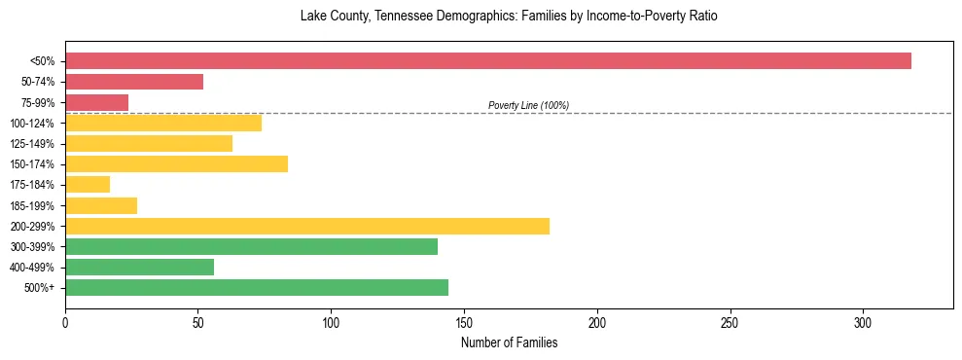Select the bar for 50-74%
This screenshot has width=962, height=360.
134,82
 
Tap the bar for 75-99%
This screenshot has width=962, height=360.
96,102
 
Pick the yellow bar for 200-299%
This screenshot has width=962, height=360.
307,226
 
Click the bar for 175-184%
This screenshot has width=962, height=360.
88,184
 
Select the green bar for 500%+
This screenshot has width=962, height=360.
257,287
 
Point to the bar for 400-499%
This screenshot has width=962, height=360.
139,267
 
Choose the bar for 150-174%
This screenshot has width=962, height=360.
176,163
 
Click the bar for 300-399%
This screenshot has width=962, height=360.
251,246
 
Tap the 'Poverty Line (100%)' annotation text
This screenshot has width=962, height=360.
528,105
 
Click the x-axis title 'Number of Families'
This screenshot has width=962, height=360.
509,342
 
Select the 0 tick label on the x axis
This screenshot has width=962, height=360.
65,323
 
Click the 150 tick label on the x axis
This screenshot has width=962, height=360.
464,323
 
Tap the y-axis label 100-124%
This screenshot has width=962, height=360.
32,124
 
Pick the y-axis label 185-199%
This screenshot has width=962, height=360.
32,205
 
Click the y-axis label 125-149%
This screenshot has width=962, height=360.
32,144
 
